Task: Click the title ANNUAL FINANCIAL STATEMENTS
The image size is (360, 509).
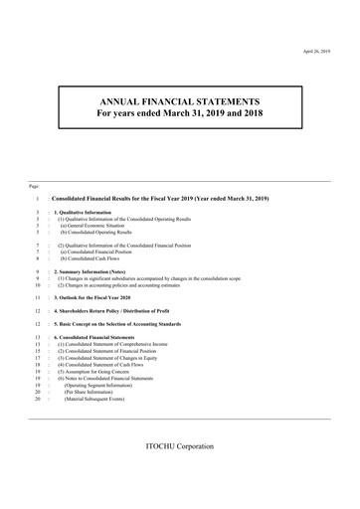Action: coord(181,101)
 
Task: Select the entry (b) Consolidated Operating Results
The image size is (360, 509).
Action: coord(103,233)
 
